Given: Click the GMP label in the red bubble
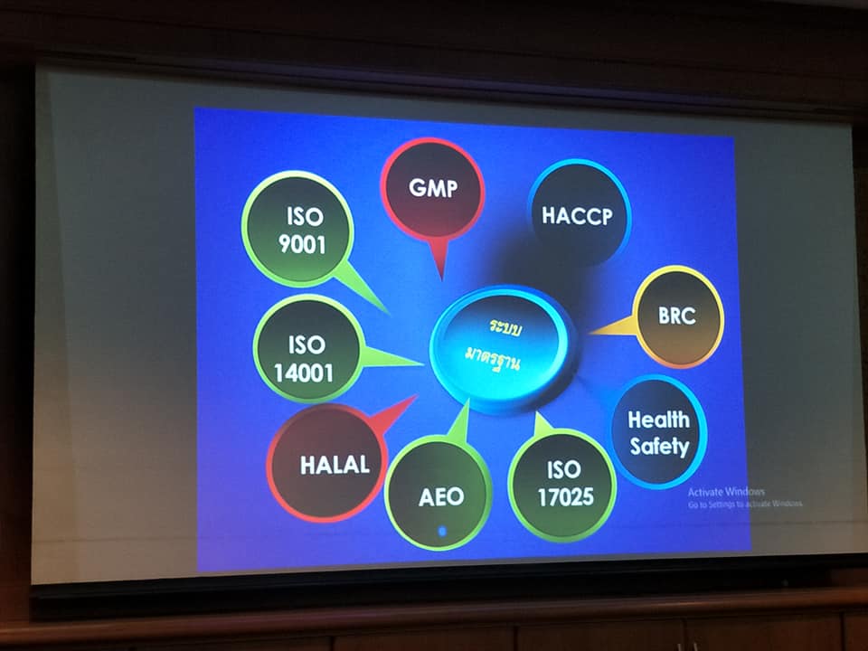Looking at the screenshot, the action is (x=433, y=188).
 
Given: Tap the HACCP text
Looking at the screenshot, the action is (x=578, y=216).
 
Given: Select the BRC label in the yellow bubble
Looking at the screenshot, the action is (x=676, y=316).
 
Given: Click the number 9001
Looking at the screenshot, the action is (x=302, y=244).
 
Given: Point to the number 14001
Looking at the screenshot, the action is (x=304, y=373).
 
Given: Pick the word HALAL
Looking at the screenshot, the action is (x=335, y=465).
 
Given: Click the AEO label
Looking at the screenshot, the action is (x=441, y=497).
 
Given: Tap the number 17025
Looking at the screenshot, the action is (x=566, y=497).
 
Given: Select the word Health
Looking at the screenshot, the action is (x=659, y=420).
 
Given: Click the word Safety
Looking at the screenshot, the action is (x=659, y=446).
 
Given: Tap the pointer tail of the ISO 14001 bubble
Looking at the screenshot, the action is (x=391, y=358).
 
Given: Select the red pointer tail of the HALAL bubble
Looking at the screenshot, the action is (x=394, y=413).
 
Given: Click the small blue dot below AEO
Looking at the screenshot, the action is (x=442, y=532).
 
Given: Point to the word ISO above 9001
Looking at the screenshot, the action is (x=305, y=216).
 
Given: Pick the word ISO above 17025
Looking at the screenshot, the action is (x=564, y=470).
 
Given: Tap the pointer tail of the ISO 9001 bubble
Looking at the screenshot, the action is (x=361, y=287).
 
